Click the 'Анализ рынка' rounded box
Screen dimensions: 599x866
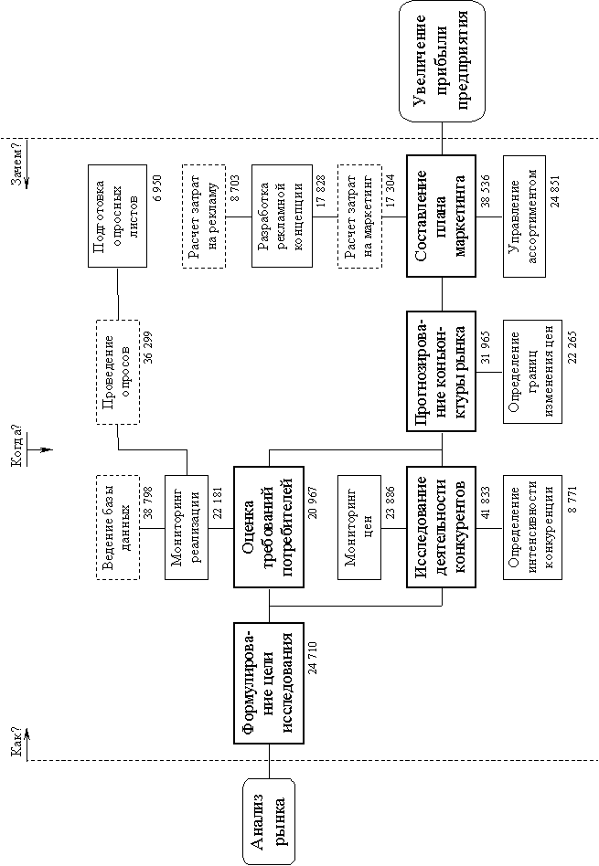tap(269, 821)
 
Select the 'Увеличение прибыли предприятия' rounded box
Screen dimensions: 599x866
tap(443, 61)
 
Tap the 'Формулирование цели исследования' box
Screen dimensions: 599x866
tap(269, 683)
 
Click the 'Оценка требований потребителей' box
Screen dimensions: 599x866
tap(269, 527)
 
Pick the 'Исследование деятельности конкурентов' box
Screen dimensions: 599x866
tap(442, 527)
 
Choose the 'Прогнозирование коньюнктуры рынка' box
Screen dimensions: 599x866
tap(442, 371)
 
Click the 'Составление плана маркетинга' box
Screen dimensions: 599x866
tap(442, 216)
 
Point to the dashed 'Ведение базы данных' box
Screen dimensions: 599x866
tap(118, 527)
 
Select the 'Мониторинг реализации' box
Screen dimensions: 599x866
tap(187, 527)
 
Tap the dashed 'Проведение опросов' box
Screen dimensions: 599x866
tap(118, 372)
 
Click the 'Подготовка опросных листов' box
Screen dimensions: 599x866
tap(118, 216)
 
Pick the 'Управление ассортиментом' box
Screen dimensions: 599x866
tap(524, 216)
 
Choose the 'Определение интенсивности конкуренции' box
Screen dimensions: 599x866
tap(532, 527)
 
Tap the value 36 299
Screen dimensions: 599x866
tap(147, 347)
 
